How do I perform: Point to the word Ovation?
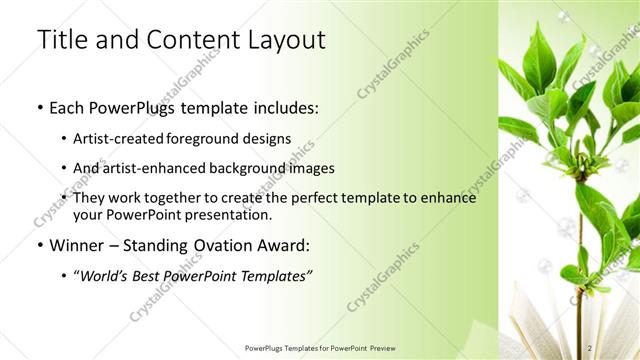click(226, 244)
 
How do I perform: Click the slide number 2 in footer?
click(591, 347)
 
